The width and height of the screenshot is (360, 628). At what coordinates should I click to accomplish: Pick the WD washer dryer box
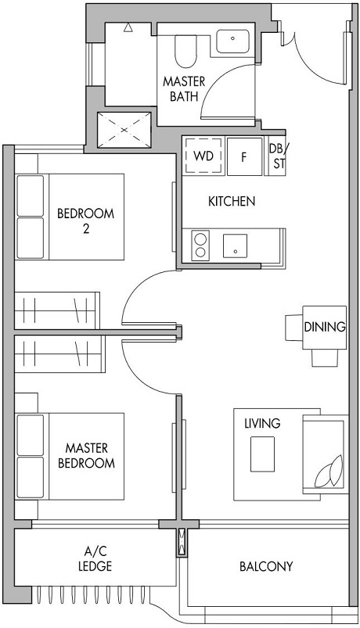[203, 156]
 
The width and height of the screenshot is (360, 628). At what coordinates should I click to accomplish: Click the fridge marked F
[244, 156]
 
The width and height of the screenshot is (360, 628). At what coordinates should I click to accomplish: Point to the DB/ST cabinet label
[278, 155]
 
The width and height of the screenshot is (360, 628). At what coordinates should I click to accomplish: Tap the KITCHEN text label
[232, 201]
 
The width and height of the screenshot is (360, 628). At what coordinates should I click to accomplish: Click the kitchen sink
[235, 246]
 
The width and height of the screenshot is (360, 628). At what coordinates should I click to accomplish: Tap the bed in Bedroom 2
[70, 217]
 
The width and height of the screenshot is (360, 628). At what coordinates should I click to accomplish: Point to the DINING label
[325, 327]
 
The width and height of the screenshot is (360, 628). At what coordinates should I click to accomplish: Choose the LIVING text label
[262, 423]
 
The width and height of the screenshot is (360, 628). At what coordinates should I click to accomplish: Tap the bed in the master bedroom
[70, 456]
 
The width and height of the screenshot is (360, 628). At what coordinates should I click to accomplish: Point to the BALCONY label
[266, 566]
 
